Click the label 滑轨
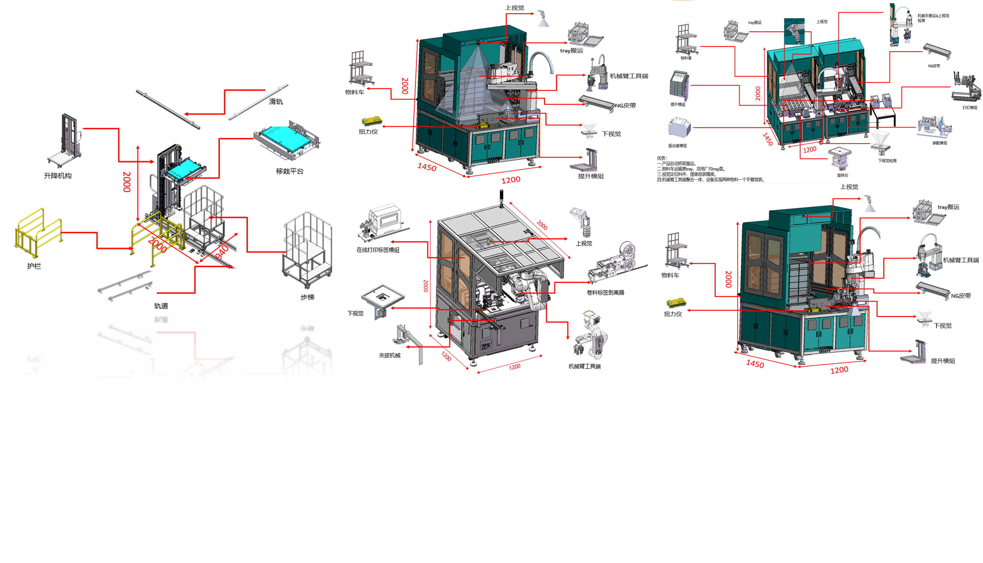click(276, 102)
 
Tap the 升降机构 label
click(58, 176)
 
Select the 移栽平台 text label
click(290, 171)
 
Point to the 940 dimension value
click(222, 252)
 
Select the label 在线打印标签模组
click(378, 250)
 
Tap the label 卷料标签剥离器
click(605, 293)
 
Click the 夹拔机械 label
click(390, 355)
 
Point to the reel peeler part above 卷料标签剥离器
click(615, 263)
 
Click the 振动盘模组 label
click(677, 146)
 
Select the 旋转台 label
click(842, 175)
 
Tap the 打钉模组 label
click(970, 108)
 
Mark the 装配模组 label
click(939, 143)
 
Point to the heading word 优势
click(661, 158)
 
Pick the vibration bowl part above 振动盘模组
click(679, 127)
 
